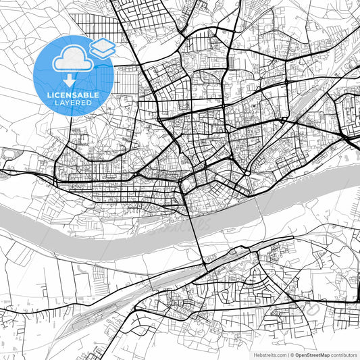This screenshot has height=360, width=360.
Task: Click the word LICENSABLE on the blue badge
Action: click(x=72, y=95)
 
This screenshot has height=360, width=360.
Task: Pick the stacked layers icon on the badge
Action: click(x=102, y=47)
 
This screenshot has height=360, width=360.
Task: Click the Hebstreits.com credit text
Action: click(x=269, y=354)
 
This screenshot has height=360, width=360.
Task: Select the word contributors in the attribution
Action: click(x=344, y=354)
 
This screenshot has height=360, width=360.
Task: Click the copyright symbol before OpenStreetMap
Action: click(x=292, y=354)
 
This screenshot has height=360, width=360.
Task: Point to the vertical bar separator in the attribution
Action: click(x=288, y=354)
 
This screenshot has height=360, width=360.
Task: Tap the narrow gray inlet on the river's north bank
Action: click(x=162, y=217)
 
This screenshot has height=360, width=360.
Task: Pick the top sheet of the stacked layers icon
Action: click(x=102, y=44)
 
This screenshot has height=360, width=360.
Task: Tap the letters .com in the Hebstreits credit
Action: click(x=278, y=354)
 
